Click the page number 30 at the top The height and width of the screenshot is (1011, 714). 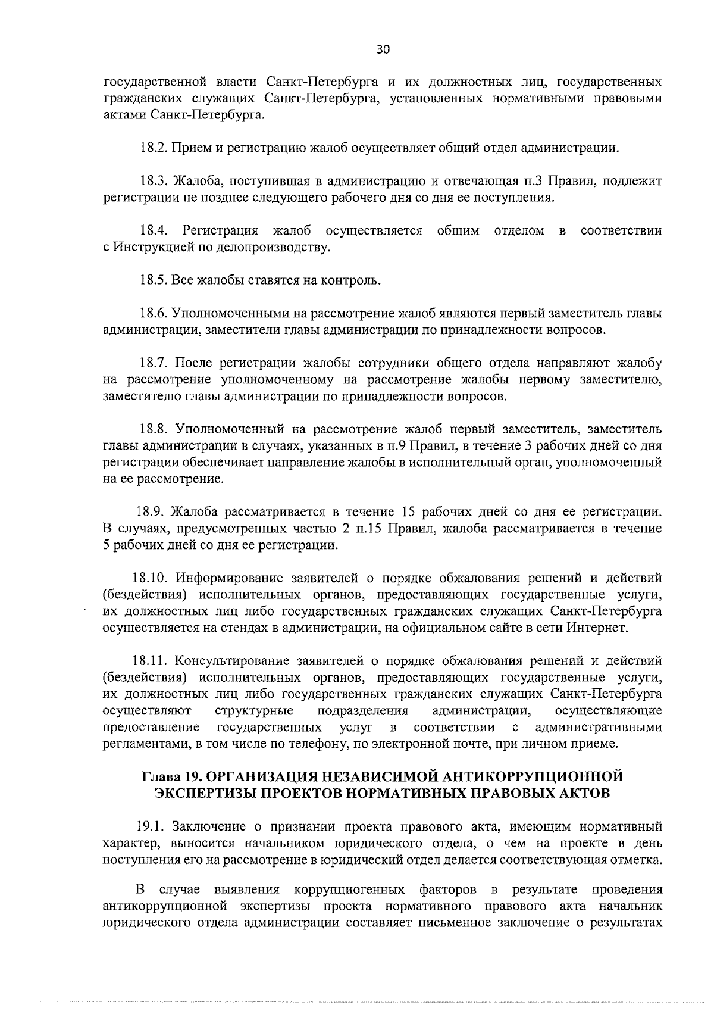coord(383,50)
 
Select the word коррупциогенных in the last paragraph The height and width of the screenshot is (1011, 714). coord(346,890)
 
